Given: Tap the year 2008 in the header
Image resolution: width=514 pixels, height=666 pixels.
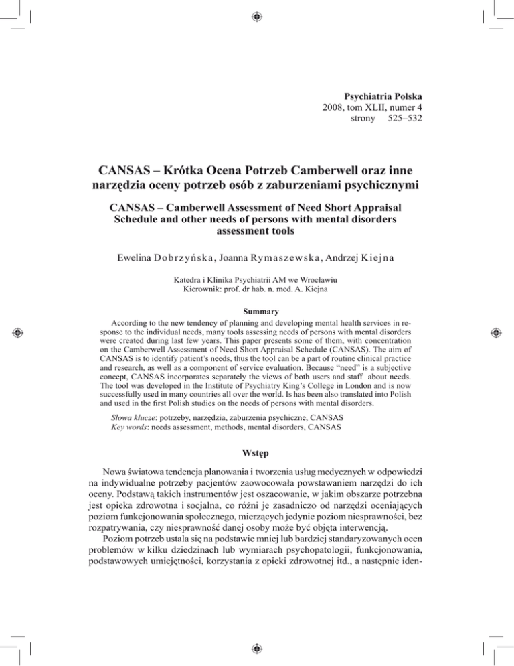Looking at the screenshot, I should pyautogui.click(x=335, y=108).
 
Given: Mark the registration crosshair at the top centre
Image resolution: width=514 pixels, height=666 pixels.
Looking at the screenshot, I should pyautogui.click(x=256, y=15).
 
